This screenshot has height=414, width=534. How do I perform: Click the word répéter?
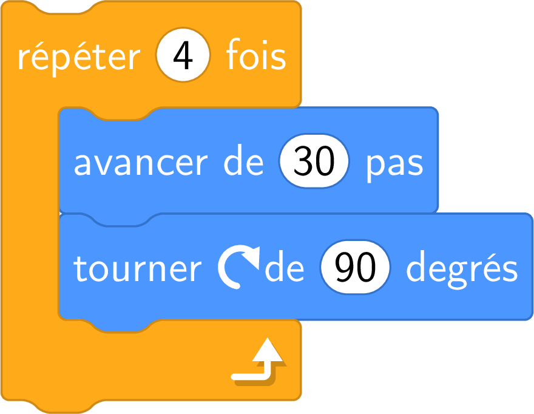(x=79, y=57)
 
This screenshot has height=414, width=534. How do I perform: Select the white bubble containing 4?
(x=183, y=55)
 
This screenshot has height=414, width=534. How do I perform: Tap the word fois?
(x=256, y=54)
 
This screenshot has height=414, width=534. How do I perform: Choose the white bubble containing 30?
(x=314, y=161)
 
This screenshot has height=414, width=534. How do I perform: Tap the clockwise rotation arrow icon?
(x=238, y=267)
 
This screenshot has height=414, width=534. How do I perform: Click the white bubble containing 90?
(x=355, y=267)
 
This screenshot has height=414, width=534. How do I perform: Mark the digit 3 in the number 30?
(x=302, y=161)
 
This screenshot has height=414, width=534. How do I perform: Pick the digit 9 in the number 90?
(x=344, y=267)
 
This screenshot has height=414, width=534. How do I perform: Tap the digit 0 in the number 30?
(x=325, y=161)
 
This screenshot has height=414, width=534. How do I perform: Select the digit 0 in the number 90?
(x=366, y=267)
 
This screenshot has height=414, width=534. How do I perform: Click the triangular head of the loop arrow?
(x=268, y=349)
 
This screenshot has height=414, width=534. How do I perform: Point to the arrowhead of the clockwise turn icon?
(x=251, y=258)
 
